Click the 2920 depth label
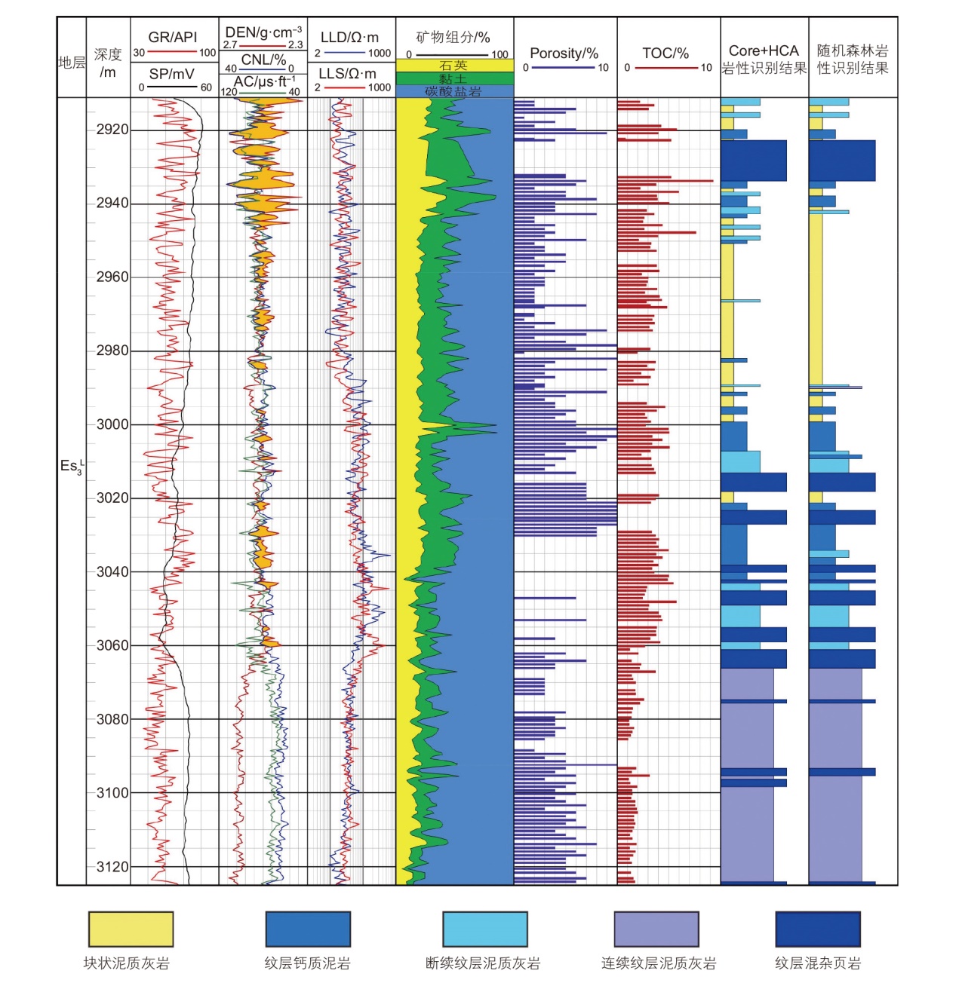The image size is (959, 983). click(112, 130)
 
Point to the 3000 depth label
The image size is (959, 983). click(112, 424)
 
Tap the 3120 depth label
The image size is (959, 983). click(112, 867)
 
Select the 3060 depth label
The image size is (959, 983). click(112, 645)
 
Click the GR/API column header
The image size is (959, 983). click(173, 37)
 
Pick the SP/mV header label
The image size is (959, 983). click(171, 74)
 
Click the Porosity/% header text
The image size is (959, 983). click(564, 54)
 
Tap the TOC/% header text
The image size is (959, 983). click(665, 54)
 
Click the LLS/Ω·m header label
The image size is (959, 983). click(347, 74)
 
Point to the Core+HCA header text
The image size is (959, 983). click(764, 51)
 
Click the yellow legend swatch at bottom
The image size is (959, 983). click(131, 929)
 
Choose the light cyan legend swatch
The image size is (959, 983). click(484, 929)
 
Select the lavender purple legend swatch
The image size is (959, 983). click(656, 929)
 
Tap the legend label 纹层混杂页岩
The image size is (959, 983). click(817, 963)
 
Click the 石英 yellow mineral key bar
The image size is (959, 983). click(454, 66)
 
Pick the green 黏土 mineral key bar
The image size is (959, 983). click(454, 78)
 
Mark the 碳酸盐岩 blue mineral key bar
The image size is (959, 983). click(454, 91)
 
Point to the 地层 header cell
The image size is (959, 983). click(72, 63)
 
